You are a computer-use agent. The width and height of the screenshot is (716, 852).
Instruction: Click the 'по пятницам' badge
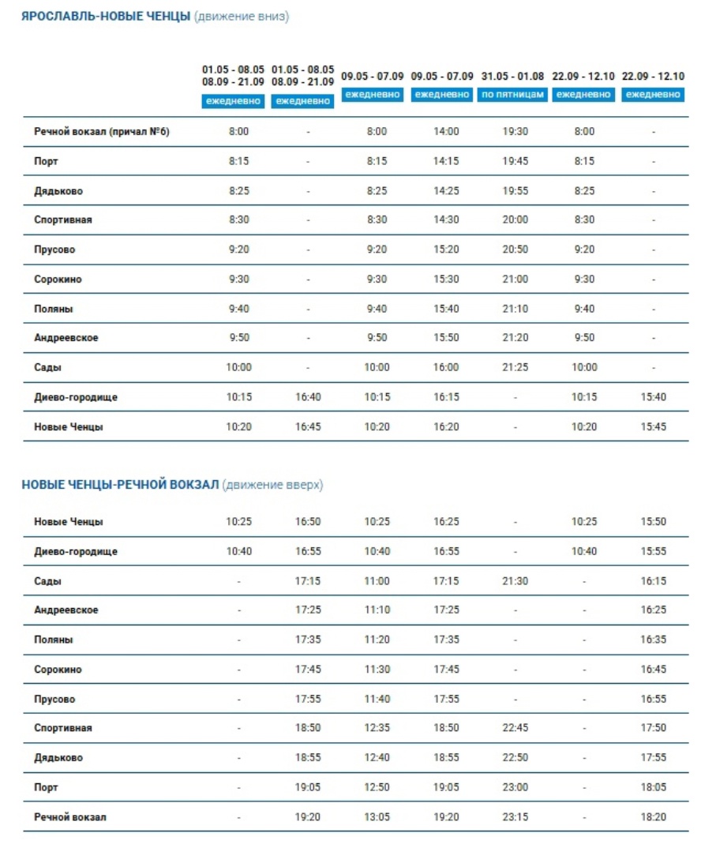pyautogui.click(x=512, y=95)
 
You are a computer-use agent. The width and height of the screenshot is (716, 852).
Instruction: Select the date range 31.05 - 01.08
pyautogui.click(x=512, y=77)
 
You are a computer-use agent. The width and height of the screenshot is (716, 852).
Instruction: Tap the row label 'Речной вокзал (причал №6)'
pyautogui.click(x=102, y=132)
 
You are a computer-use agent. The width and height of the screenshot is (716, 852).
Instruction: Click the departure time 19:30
pyautogui.click(x=515, y=132)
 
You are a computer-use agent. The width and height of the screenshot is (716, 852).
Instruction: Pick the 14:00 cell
pyautogui.click(x=446, y=132)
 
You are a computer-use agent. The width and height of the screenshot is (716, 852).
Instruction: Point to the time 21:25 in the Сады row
pyautogui.click(x=515, y=367)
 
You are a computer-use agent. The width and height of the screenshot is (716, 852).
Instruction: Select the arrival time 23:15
pyautogui.click(x=515, y=816)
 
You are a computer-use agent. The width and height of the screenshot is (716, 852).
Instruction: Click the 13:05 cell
pyautogui.click(x=377, y=816)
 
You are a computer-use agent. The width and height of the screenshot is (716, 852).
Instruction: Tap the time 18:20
pyautogui.click(x=653, y=816)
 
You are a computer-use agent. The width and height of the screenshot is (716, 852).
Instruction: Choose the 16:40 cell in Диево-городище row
pyautogui.click(x=308, y=397)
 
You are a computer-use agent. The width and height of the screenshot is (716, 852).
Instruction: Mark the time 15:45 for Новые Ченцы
pyautogui.click(x=653, y=427)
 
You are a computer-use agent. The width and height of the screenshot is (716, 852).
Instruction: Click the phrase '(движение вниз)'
pyautogui.click(x=242, y=17)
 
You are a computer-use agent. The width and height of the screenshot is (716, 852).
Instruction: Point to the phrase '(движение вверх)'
pyautogui.click(x=272, y=485)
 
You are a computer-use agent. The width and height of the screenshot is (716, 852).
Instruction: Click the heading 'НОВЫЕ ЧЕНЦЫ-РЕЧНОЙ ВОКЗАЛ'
pyautogui.click(x=120, y=485)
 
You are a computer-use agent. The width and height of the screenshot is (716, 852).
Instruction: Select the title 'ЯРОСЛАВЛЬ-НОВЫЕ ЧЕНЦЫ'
pyautogui.click(x=106, y=17)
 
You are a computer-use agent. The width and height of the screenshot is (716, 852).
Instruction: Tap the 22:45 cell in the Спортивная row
pyautogui.click(x=515, y=727)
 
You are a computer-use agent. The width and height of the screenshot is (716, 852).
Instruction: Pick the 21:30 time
pyautogui.click(x=515, y=581)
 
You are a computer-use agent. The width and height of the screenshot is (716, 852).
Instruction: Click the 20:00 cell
pyautogui.click(x=515, y=220)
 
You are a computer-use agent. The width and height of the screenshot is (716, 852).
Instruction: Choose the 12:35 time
pyautogui.click(x=377, y=727)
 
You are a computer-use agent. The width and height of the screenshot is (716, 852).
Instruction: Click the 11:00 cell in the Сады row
pyautogui.click(x=377, y=581)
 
